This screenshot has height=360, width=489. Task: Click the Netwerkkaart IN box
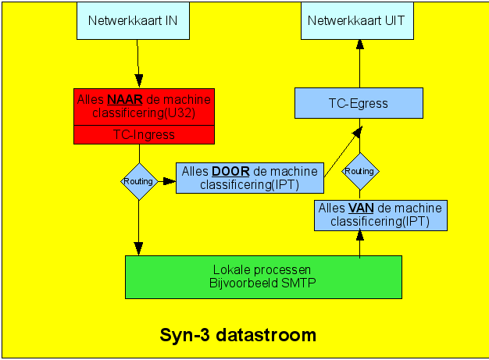pos(133,20)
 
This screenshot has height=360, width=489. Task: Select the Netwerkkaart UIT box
pos(357,20)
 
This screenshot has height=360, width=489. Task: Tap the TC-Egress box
pos(359,103)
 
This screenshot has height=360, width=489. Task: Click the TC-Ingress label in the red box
pos(144,134)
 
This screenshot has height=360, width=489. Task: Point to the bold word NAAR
pos(125,100)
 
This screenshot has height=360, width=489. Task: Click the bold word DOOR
pos(230,172)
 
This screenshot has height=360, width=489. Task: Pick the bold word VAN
pos(361,208)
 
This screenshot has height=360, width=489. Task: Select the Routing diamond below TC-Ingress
pos(139,181)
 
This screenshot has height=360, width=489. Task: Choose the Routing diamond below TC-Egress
pos(360,171)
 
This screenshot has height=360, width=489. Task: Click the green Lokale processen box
pos(263,277)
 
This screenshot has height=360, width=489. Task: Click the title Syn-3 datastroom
pos(238,335)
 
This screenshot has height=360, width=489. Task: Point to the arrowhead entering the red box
pos(139,80)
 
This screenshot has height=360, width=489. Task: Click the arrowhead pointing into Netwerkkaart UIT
pos(360,45)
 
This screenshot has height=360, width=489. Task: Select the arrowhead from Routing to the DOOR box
pos(170,181)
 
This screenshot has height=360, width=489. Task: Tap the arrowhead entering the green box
pos(138,249)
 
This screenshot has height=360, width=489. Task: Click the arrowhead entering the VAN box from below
pos(360,235)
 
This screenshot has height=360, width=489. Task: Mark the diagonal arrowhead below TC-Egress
pos(358,132)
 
